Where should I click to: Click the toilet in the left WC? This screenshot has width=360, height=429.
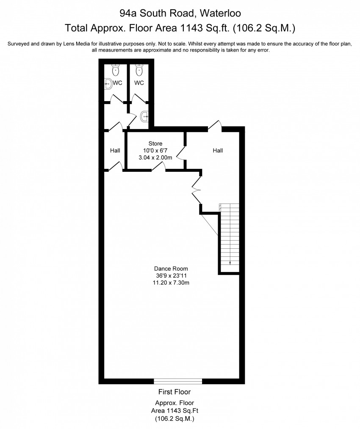click(116, 69)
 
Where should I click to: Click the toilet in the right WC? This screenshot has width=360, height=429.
click(138, 69)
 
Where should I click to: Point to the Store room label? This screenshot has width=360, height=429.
click(155, 144)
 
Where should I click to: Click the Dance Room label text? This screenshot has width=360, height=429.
click(171, 269)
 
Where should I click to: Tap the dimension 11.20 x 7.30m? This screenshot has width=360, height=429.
click(171, 283)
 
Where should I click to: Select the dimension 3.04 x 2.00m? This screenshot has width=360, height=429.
click(155, 157)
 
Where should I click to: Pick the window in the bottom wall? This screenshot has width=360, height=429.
click(178, 380)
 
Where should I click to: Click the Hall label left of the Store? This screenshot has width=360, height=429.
click(115, 150)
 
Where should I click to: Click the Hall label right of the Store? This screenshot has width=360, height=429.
click(218, 150)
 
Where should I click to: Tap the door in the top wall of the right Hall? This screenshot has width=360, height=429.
click(215, 125)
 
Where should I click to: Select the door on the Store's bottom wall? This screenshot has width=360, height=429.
click(158, 168)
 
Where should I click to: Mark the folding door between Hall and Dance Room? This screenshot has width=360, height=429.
click(197, 190)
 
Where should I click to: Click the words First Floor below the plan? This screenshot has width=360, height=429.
click(174, 392)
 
